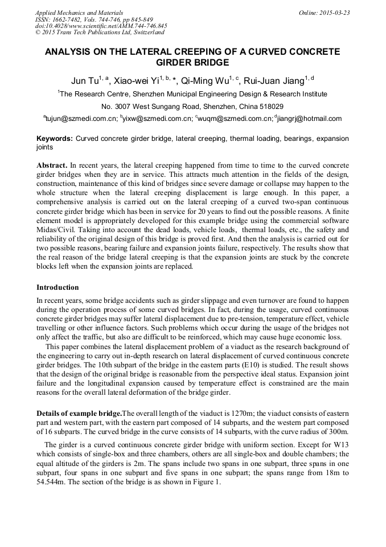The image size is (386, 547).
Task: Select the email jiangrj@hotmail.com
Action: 310,119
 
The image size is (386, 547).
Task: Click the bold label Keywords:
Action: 55,139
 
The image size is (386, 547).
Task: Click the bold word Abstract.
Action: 52,164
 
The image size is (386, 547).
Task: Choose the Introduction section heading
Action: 58,287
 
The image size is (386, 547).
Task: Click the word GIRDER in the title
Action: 174,62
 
